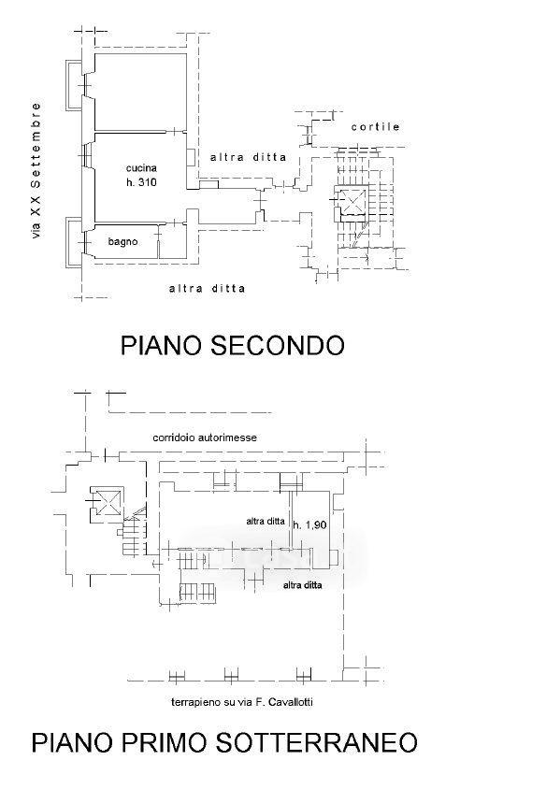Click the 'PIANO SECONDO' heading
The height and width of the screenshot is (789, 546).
(x=233, y=346)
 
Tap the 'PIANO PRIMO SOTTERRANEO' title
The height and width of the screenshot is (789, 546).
(x=224, y=742)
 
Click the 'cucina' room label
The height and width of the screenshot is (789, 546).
(x=141, y=167)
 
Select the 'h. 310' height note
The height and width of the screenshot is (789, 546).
(x=141, y=182)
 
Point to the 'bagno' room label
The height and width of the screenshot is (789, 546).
(x=122, y=242)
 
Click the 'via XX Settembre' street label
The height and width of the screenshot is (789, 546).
(x=36, y=170)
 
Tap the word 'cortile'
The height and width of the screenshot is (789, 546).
(x=376, y=127)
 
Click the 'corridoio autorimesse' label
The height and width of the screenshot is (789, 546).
(x=205, y=438)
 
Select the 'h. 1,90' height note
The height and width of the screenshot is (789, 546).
(x=310, y=524)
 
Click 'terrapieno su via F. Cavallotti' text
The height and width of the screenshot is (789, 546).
(x=242, y=702)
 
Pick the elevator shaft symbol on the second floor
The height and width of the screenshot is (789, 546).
(x=352, y=203)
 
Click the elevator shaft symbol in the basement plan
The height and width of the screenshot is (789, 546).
(x=107, y=501)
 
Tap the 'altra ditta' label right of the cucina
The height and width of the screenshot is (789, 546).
(x=248, y=157)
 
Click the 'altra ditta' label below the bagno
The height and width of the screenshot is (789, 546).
(x=208, y=289)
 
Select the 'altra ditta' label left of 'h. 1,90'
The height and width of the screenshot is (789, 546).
(x=266, y=522)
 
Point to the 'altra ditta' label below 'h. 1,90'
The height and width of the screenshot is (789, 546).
(x=302, y=585)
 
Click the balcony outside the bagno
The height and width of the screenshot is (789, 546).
(x=74, y=242)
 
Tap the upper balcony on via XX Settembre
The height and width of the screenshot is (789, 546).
(x=74, y=86)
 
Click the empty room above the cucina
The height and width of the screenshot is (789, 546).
(x=140, y=93)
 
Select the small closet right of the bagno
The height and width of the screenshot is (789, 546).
(x=173, y=242)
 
